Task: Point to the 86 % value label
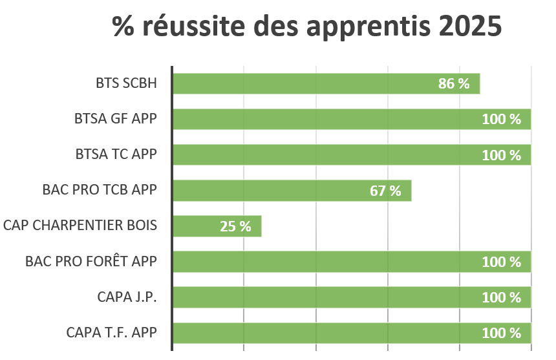point(454,84)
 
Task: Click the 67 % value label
point(385,191)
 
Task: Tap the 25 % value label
point(235,226)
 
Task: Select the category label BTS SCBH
point(126,83)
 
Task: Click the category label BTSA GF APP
point(115,119)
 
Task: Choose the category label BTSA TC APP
point(116,154)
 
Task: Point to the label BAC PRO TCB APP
point(100,190)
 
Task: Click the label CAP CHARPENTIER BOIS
point(80,226)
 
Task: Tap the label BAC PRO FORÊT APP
point(91,262)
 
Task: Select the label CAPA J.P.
point(127,297)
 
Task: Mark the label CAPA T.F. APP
point(111,333)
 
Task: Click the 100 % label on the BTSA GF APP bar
point(501,120)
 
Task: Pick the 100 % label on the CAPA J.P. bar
point(501,297)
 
